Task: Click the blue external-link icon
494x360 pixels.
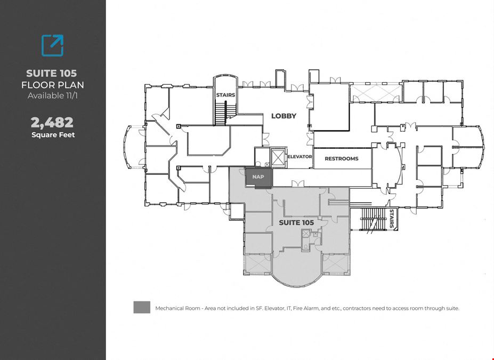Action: coord(52,46)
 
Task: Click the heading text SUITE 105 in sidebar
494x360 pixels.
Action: coord(51,74)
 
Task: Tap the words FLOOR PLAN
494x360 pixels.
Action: coord(53,85)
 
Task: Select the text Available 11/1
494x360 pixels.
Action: coord(53,95)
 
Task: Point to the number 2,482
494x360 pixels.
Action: coord(52,122)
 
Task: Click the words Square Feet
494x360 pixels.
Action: coord(53,135)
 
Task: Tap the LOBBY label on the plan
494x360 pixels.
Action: coord(284,116)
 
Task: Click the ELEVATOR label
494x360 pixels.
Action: coord(300,156)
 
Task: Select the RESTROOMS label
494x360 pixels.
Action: coord(342,158)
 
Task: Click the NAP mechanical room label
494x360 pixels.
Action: coord(258,177)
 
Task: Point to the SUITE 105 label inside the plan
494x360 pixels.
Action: coord(296,222)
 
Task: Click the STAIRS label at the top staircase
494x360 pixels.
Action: coord(225,95)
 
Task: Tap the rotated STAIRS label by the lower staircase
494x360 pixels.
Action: coord(392,218)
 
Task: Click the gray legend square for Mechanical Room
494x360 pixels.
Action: coord(142,307)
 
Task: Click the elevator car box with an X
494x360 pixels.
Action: coord(278,157)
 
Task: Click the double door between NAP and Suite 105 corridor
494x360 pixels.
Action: coord(298,183)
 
